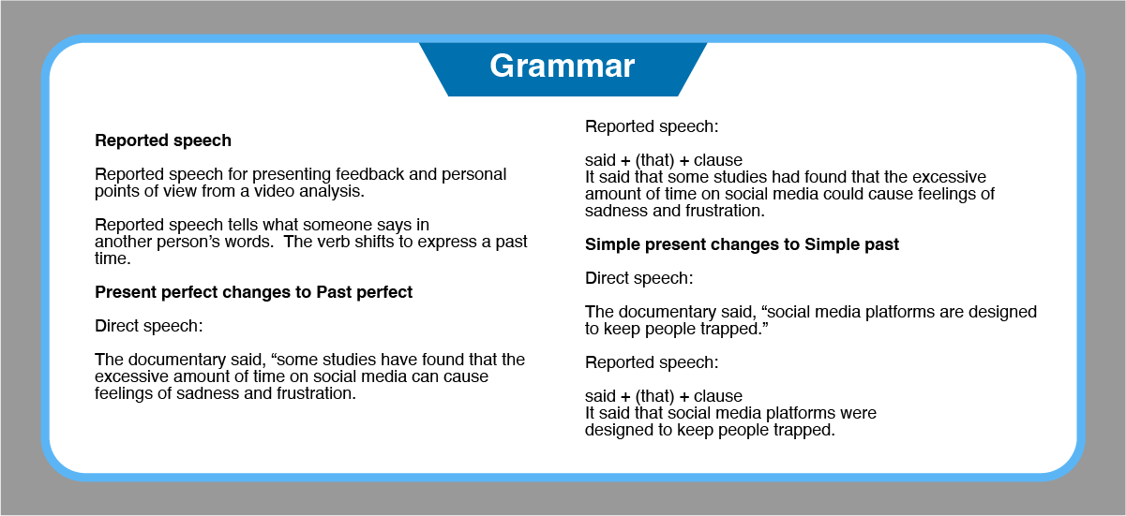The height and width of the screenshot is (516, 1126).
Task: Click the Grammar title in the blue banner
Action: (562, 66)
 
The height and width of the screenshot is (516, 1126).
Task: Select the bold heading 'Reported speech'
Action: (163, 140)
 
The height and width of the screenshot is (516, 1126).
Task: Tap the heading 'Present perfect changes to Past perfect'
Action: (253, 292)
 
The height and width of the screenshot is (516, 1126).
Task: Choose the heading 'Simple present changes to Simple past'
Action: (742, 244)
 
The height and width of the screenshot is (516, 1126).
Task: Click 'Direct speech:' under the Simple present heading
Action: (638, 278)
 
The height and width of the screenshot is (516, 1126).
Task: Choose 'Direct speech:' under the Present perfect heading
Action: (149, 326)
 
